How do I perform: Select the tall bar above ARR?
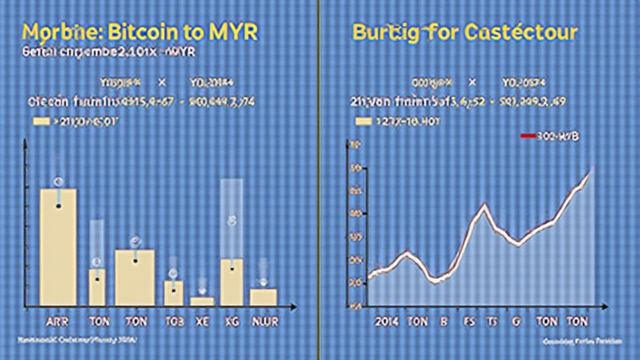(58, 247)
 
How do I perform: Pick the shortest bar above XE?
(202, 301)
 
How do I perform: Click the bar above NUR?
(263, 297)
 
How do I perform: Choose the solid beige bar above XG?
(232, 282)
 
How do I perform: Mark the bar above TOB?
(174, 293)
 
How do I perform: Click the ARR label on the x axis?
(57, 322)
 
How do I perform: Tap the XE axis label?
(202, 322)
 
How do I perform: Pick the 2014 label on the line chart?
(387, 322)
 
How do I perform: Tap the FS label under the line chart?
(469, 322)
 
